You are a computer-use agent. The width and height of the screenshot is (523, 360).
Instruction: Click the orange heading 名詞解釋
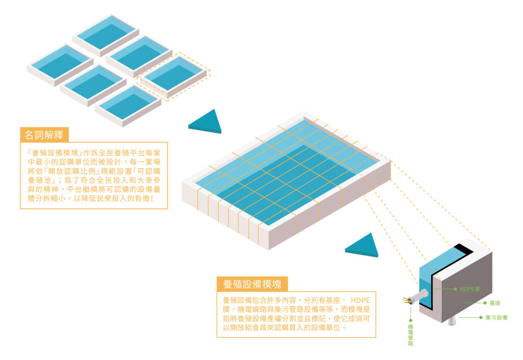[44, 135]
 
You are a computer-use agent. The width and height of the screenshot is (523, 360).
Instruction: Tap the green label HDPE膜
[470, 289]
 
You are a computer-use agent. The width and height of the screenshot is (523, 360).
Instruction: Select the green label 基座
[494, 303]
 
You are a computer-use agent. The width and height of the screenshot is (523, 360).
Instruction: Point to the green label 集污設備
[496, 318]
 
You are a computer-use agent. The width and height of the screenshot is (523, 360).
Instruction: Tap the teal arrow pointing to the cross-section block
[363, 246]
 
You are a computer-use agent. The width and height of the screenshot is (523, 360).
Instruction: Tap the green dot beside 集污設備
[481, 318]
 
